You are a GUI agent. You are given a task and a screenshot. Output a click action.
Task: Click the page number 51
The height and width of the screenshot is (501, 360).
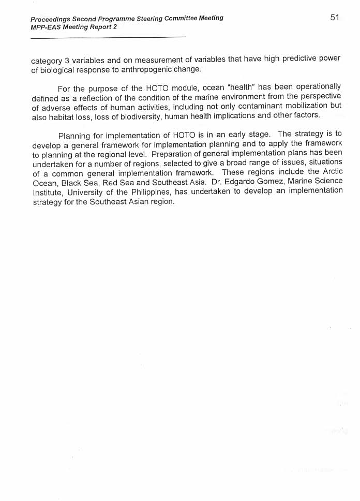(334, 18)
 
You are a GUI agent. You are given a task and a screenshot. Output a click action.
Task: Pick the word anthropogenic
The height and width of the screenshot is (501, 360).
(147, 69)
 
